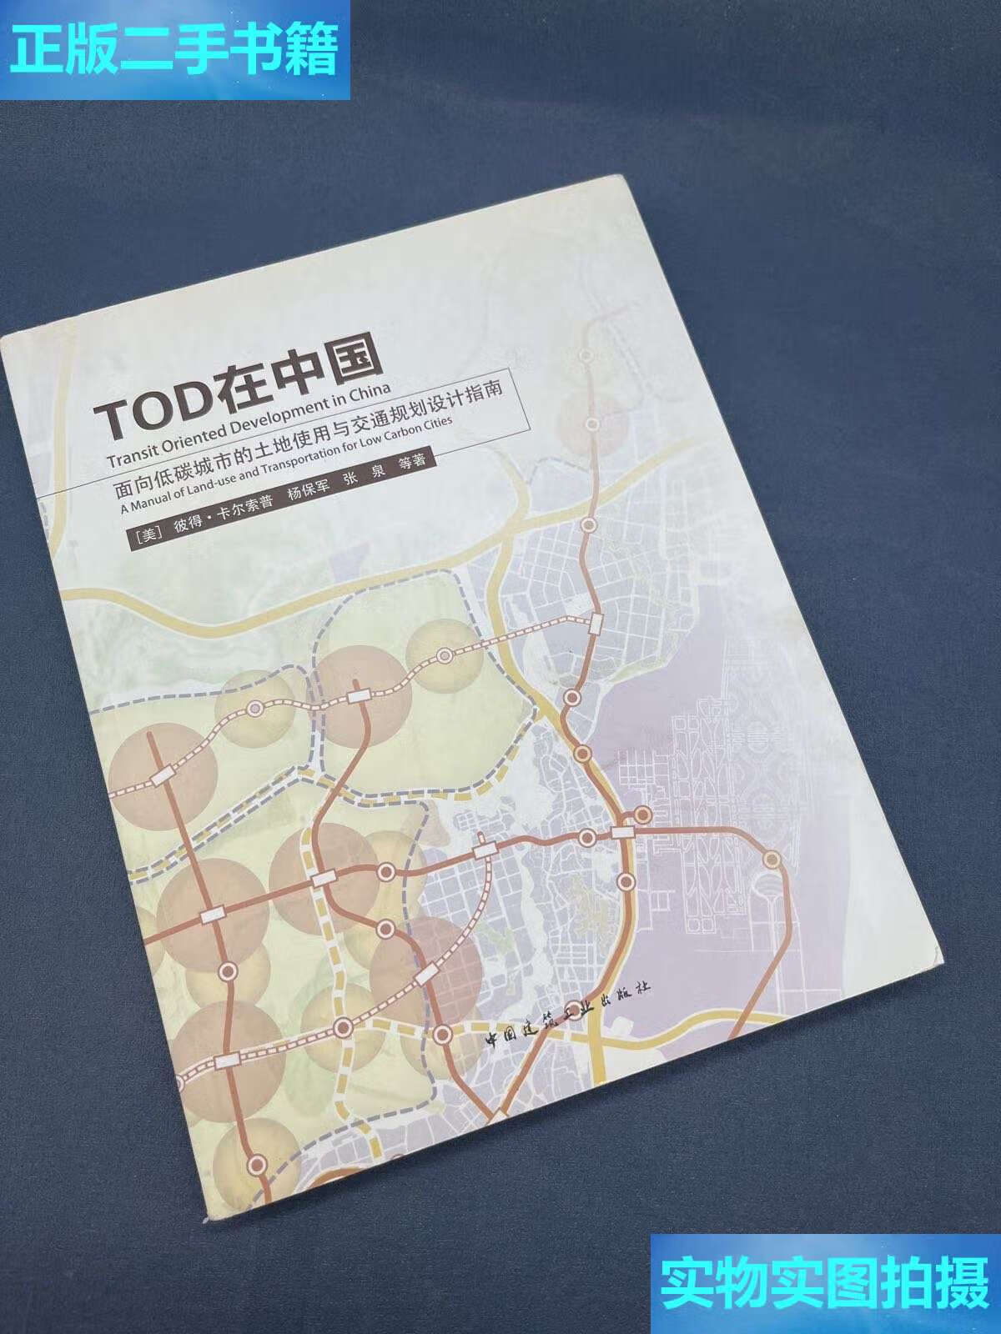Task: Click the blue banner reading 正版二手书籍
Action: point(175,50)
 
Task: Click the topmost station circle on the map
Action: point(586,355)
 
